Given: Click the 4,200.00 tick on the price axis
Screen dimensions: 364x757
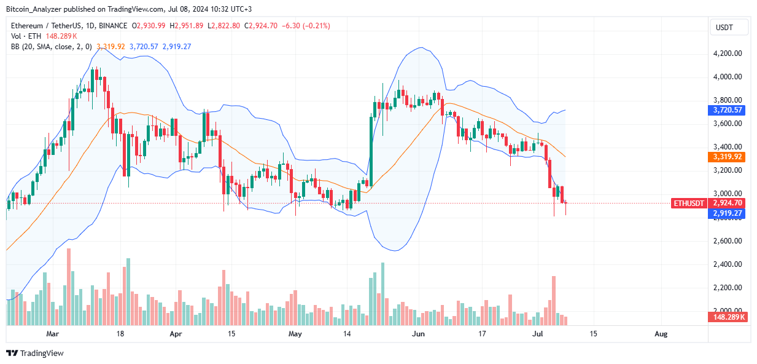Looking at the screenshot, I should (729, 53).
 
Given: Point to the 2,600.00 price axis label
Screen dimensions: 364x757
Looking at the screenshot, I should (729, 241).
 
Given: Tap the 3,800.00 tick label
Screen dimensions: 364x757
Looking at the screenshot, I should (729, 100).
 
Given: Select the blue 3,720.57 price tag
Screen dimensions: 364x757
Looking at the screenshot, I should (729, 110).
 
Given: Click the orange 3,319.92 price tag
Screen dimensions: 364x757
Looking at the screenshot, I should (729, 157).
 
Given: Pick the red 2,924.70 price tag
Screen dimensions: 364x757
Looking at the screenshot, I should (729, 203).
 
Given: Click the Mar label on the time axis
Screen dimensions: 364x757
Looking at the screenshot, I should (53, 334).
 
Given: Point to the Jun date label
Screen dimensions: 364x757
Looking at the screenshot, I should (418, 334).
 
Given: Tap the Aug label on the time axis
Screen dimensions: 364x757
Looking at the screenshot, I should (661, 334).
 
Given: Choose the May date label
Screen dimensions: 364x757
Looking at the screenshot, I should (295, 334).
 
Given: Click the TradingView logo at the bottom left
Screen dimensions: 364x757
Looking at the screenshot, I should (35, 354).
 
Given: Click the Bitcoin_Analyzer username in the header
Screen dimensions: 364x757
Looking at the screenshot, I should (34, 9).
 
